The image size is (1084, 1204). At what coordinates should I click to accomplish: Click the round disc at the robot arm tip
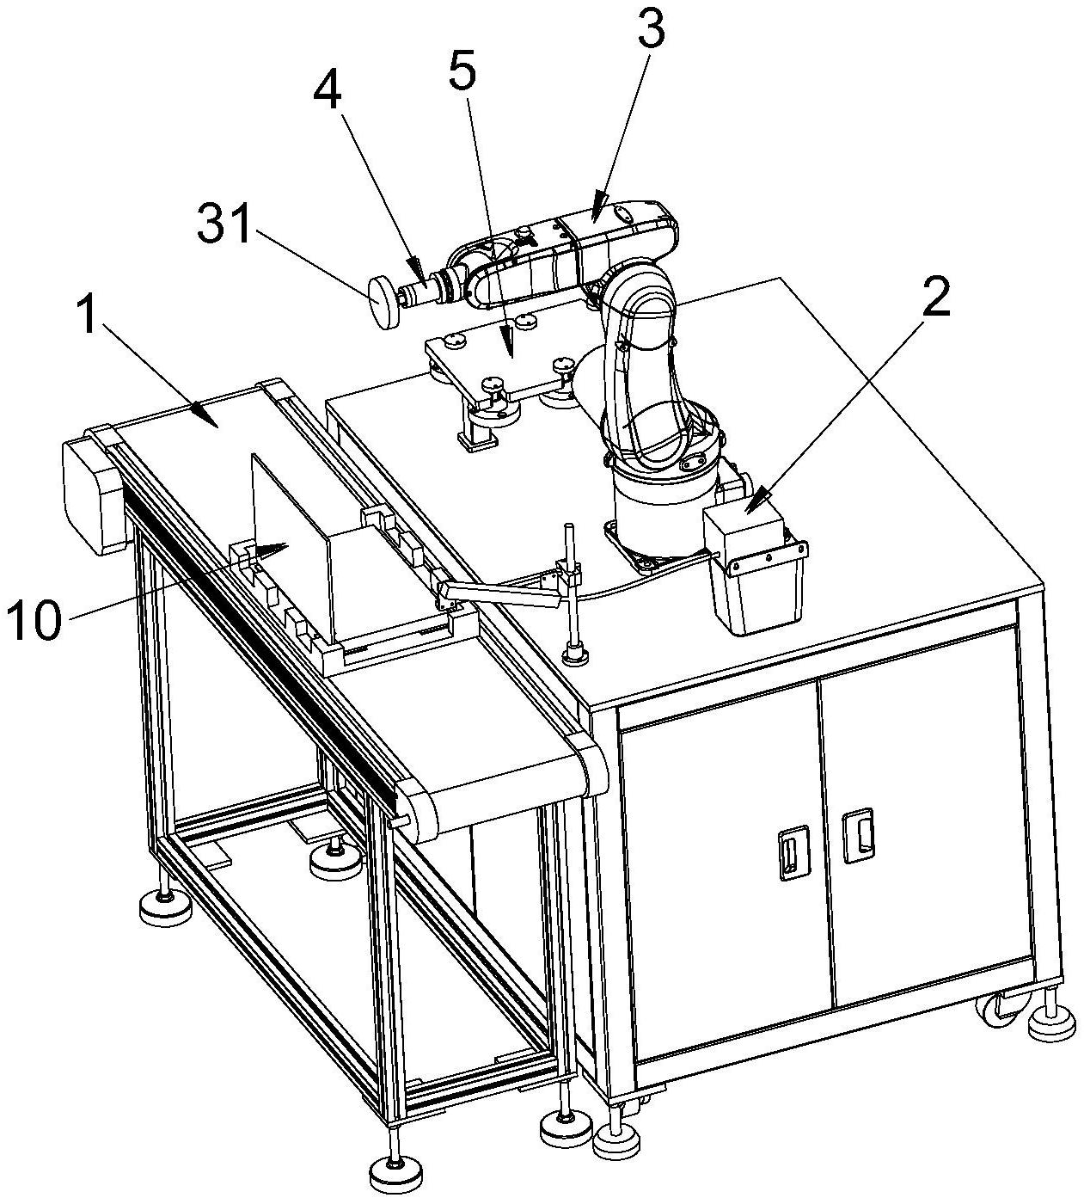tap(383, 302)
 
